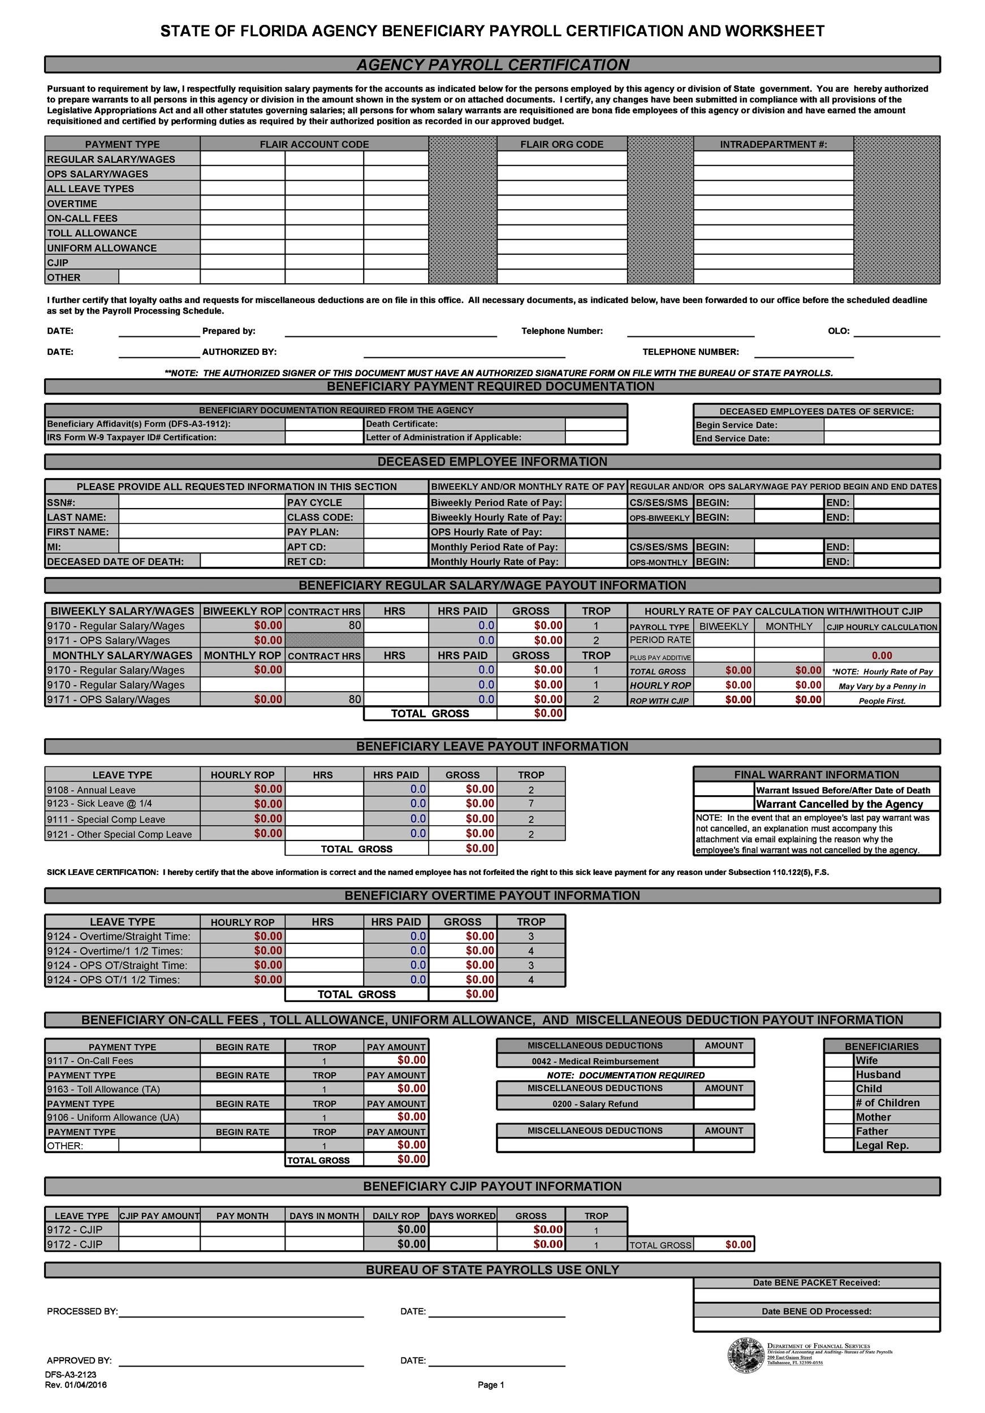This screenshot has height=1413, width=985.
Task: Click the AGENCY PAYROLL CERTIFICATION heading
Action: [x=492, y=64]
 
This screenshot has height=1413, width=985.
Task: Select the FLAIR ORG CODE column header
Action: [x=561, y=145]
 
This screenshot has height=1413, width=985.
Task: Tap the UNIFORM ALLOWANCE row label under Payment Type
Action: [x=102, y=248]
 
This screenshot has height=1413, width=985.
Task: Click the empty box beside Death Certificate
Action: [x=595, y=424]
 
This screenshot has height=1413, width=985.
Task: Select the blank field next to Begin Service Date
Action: [x=882, y=424]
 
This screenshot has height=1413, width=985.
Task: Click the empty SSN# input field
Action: [x=201, y=502]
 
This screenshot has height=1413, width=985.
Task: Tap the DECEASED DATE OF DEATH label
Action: [x=116, y=561]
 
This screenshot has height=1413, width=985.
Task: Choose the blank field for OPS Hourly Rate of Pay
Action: [x=595, y=532]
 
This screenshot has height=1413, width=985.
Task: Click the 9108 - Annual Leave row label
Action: [x=91, y=790]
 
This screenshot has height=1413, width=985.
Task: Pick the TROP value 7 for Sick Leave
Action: [x=531, y=804]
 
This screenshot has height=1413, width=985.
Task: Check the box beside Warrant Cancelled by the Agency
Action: [x=724, y=804]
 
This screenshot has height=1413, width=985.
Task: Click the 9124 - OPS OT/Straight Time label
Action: [x=117, y=965]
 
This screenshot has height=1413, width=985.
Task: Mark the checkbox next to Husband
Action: [x=838, y=1074]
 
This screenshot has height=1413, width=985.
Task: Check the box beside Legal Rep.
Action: [x=838, y=1145]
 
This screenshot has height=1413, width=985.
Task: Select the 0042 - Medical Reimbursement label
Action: [x=595, y=1061]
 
